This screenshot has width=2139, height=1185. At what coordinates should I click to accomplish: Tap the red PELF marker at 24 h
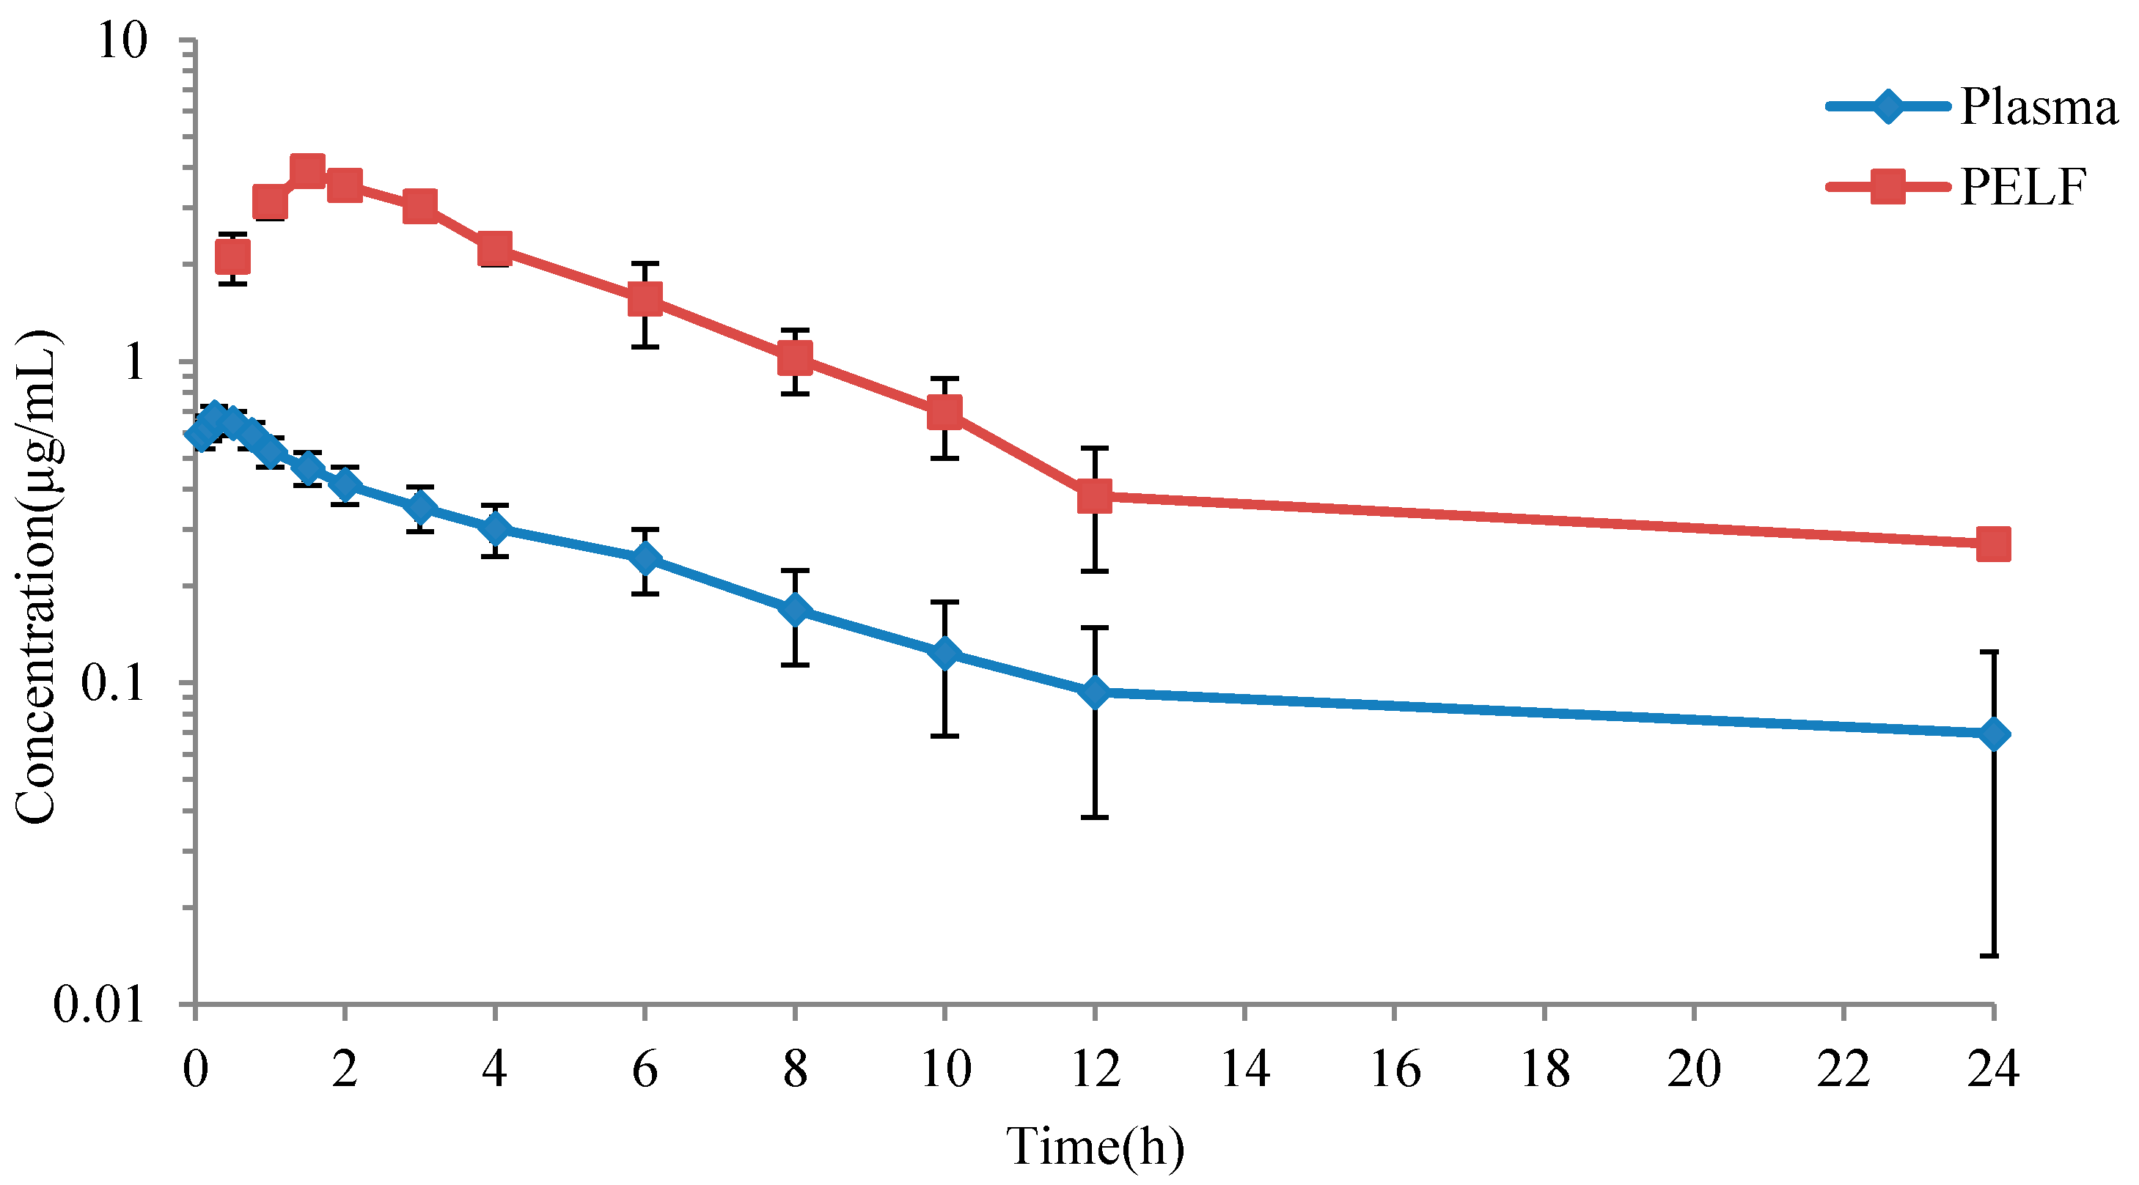tap(1994, 544)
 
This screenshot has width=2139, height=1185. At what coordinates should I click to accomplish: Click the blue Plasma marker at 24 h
tap(1994, 734)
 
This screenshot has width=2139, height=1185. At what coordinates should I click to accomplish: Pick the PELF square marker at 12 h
tap(1094, 496)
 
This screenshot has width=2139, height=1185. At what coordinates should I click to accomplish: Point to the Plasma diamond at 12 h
tap(1094, 691)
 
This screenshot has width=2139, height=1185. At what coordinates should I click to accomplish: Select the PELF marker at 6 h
tap(645, 299)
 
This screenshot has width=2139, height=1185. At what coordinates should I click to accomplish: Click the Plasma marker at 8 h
tap(795, 610)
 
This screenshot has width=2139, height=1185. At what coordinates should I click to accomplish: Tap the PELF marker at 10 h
tap(945, 412)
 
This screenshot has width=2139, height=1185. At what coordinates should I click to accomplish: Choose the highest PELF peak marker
tap(307, 171)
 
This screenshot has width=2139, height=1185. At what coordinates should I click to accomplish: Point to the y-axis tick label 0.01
tap(100, 1004)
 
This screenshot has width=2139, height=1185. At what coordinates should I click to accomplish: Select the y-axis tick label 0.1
tap(112, 682)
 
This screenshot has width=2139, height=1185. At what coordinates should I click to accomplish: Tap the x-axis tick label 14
tap(1244, 1068)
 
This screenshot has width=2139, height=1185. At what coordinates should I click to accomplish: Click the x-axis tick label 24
tap(1994, 1068)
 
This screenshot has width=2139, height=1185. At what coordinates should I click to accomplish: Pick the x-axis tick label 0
tap(195, 1068)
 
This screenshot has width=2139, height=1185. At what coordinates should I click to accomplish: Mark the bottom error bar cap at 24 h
tap(1994, 956)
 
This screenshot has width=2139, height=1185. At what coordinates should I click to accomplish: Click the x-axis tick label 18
tap(1544, 1068)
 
